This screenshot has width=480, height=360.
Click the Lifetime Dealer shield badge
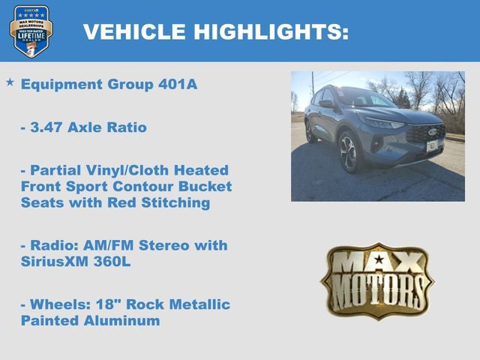[x=31, y=31]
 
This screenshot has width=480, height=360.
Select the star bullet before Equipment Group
[x=10, y=81]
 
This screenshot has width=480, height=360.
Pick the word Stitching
[x=174, y=202]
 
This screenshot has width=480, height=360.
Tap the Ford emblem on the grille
[x=432, y=132]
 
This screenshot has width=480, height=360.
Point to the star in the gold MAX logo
[x=378, y=261]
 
